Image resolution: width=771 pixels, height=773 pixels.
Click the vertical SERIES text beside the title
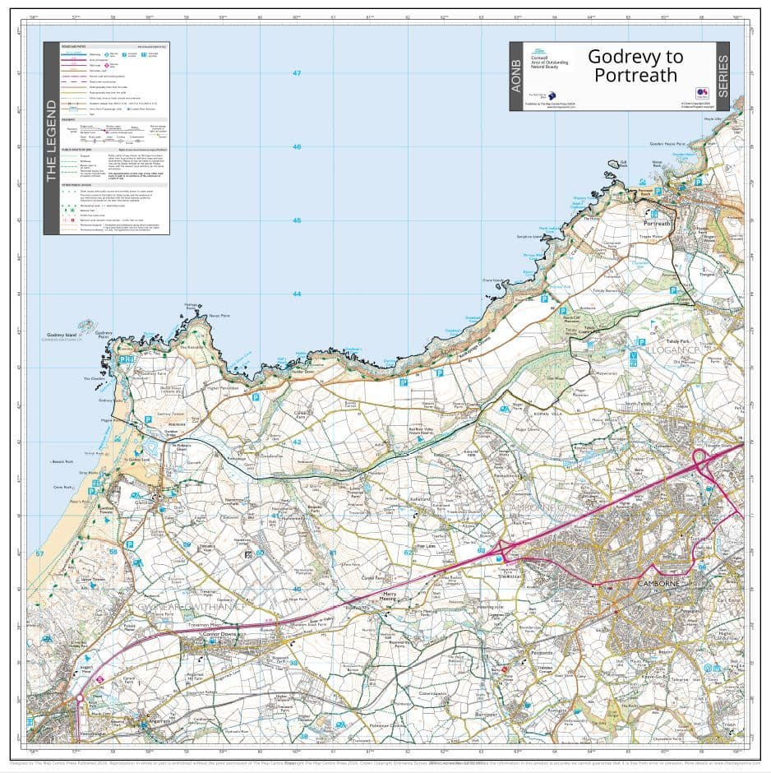coord(723,76)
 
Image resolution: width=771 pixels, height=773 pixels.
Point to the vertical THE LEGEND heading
coord(51,140)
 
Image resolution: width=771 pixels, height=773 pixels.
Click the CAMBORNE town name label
coord(656,583)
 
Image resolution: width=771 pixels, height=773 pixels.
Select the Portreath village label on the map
coord(658,224)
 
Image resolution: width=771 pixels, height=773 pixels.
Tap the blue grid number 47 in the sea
coord(297,73)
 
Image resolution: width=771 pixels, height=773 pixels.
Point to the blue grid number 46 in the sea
coord(297,147)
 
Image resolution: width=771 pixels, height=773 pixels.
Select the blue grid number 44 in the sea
coord(297,294)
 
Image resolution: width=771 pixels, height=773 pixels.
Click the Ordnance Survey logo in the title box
coord(700,93)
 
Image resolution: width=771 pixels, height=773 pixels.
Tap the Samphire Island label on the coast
coord(530,236)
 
